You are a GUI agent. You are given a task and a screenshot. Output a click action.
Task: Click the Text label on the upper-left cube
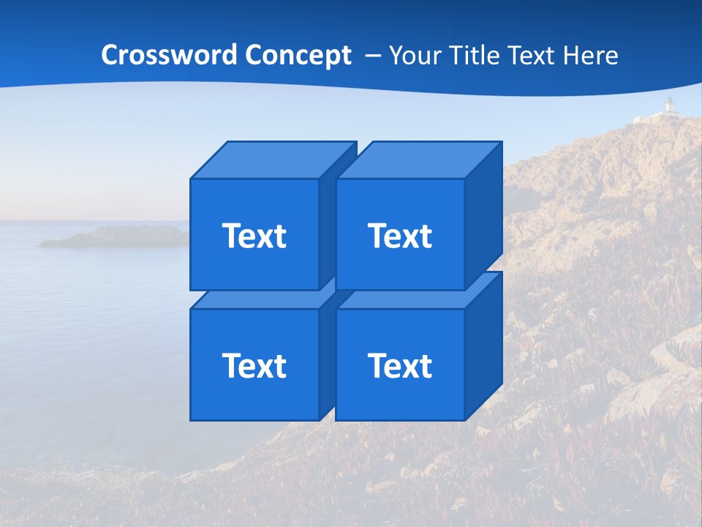pos(254,236)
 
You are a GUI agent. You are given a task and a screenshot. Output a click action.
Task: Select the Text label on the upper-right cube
pos(400,236)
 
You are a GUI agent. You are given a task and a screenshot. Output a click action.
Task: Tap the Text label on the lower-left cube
pos(254,365)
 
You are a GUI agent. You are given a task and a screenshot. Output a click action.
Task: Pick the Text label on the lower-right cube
pos(400,365)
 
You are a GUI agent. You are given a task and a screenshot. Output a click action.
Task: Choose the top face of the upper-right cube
pos(418,160)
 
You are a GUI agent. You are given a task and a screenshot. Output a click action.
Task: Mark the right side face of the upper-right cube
pos(483,216)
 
